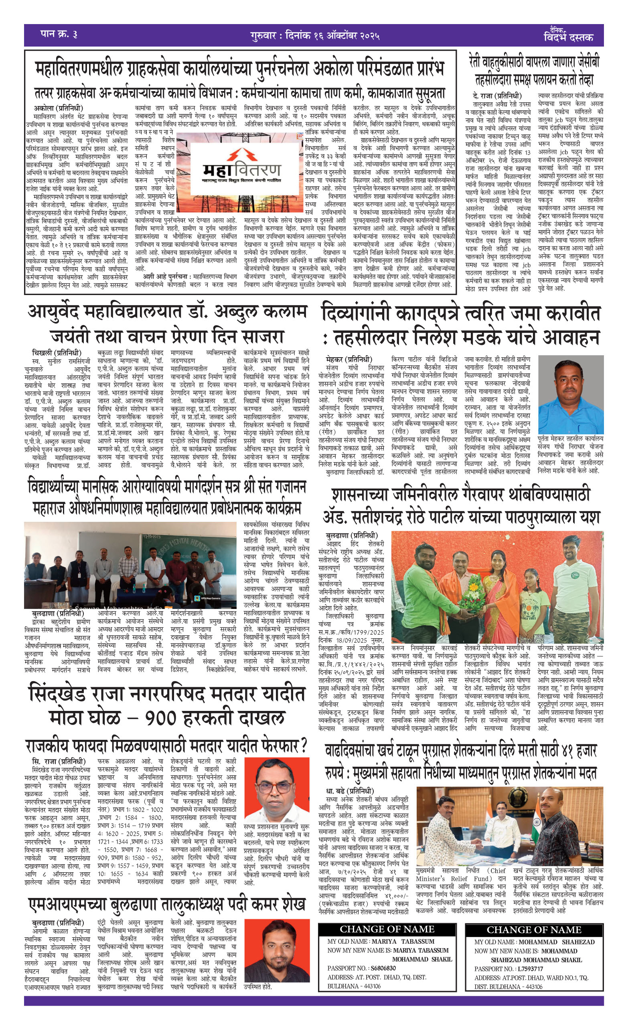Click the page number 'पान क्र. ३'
coord(59,34)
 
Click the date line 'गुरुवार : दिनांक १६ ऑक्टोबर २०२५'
coord(315,35)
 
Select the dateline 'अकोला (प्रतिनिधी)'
coord(58,108)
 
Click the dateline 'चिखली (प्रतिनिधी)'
coord(57,353)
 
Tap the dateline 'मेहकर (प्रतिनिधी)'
coord(349,359)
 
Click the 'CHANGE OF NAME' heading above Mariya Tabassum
coord(387,929)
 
